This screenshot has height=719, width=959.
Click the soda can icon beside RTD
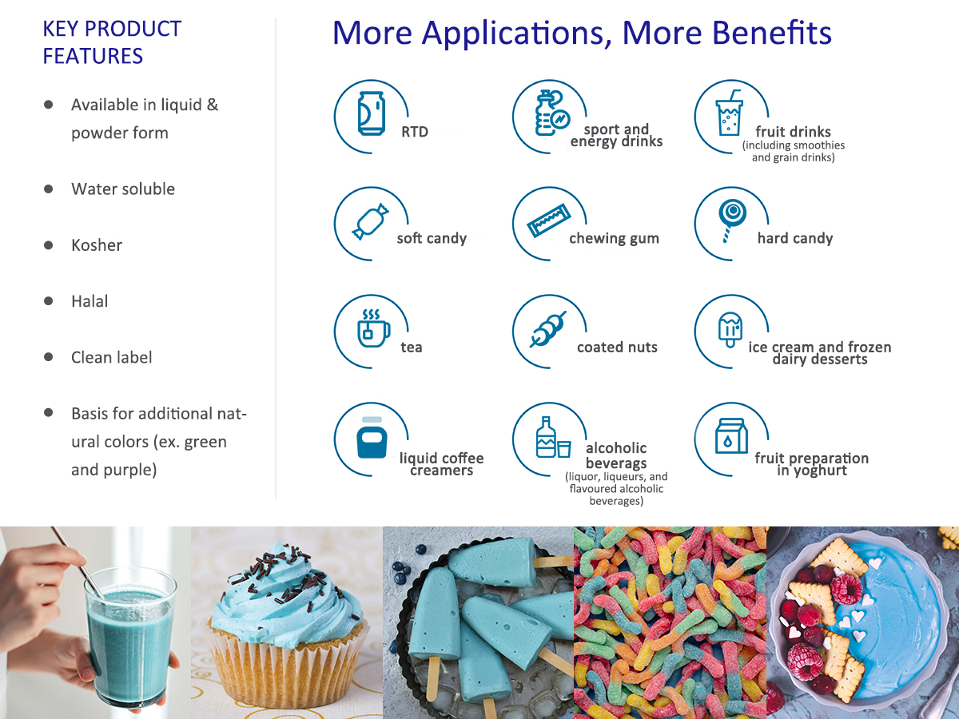pyautogui.click(x=372, y=113)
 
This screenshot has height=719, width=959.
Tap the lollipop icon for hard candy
pyautogui.click(x=732, y=220)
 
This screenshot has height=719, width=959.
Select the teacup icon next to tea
pyautogui.click(x=373, y=328)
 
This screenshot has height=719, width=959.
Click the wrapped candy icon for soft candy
pyautogui.click(x=371, y=221)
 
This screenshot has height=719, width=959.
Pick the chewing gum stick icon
pyautogui.click(x=548, y=221)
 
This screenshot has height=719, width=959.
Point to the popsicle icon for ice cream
pyautogui.click(x=730, y=330)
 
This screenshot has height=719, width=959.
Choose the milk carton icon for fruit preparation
pyautogui.click(x=731, y=436)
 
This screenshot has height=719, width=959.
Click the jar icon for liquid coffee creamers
pyautogui.click(x=372, y=437)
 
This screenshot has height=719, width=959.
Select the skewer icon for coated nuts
pyautogui.click(x=548, y=330)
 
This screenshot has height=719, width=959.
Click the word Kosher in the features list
pyautogui.click(x=97, y=245)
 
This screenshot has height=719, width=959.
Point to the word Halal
pyautogui.click(x=90, y=301)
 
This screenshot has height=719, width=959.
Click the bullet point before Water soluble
pyautogui.click(x=49, y=189)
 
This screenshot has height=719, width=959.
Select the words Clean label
pyautogui.click(x=111, y=358)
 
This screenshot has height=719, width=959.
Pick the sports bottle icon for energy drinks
pyautogui.click(x=552, y=113)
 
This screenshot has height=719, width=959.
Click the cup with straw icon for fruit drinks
pyautogui.click(x=729, y=113)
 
